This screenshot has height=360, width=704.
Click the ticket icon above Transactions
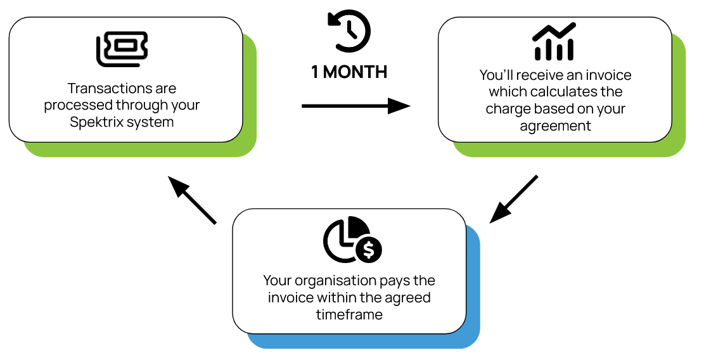coord(122,49)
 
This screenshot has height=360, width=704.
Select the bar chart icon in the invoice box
coord(554,41)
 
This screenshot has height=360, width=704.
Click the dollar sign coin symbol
coord(369,250)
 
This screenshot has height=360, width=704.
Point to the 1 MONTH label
coord(349,72)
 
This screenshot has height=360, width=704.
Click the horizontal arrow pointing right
coord(356,106)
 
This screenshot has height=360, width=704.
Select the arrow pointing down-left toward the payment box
coord(513,199)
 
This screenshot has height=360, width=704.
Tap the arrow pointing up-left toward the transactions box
coord(192,200)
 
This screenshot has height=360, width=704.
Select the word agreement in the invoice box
coord(555,126)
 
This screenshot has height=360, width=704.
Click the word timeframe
coord(349,314)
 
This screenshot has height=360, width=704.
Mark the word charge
coord(507,109)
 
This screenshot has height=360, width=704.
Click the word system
coord(151,122)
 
